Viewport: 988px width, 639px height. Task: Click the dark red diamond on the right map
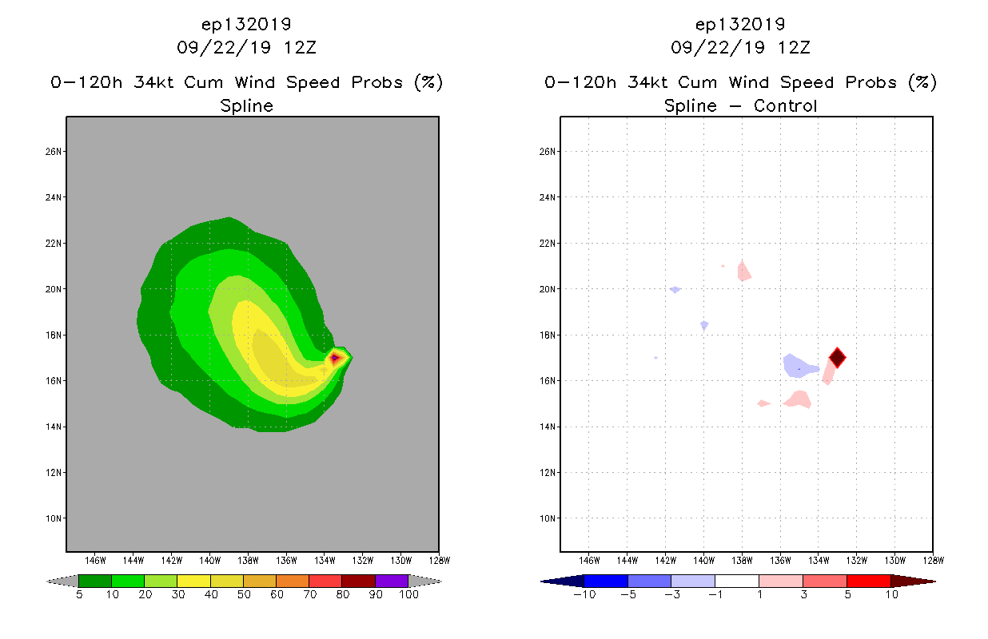[837, 357]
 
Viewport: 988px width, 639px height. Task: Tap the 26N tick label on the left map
[54, 152]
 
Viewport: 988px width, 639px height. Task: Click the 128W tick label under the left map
[439, 559]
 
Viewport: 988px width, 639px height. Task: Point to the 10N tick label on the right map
[549, 518]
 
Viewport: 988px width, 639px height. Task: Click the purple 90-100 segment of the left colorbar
[392, 581]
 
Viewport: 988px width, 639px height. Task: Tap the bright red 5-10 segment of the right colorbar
[868, 581]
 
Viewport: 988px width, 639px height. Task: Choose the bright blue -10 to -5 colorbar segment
[606, 581]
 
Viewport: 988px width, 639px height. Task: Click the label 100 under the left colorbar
[408, 595]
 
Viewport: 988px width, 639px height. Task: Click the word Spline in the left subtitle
[246, 105]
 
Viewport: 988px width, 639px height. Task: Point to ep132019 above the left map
[246, 25]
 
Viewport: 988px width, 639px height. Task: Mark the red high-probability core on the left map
[335, 358]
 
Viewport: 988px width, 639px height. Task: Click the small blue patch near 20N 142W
[675, 289]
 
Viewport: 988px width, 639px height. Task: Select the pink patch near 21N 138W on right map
[743, 272]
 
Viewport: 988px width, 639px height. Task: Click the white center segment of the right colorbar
[736, 581]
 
